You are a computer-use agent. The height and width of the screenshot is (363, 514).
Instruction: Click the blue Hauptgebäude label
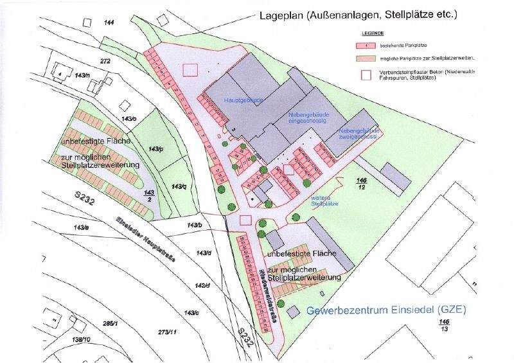(x=242, y=101)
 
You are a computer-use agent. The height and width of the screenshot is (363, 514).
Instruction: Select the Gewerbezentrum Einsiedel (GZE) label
(x=386, y=310)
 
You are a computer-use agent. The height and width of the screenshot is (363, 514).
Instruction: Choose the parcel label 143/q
(x=178, y=186)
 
